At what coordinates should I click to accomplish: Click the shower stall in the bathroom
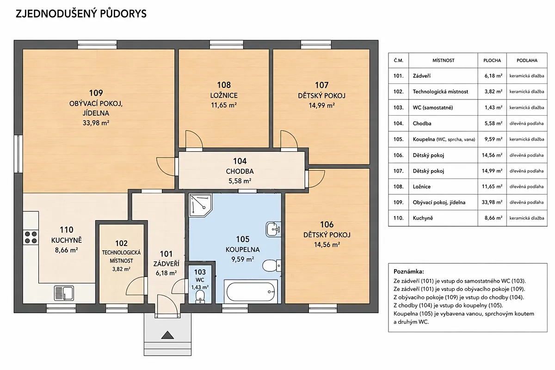click(200, 205)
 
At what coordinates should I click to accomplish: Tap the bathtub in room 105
click(251, 292)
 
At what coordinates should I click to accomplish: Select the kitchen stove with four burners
click(31, 237)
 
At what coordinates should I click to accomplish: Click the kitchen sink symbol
click(64, 293)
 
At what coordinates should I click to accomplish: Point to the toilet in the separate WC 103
click(200, 297)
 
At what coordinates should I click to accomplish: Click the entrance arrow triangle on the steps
click(167, 335)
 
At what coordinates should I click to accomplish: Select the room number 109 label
click(96, 93)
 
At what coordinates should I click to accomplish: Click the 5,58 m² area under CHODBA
click(240, 181)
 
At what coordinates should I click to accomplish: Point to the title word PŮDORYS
click(123, 13)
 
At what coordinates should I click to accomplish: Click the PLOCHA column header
click(492, 61)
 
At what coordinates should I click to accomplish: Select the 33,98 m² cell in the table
click(492, 202)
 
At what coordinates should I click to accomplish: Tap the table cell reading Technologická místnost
click(440, 92)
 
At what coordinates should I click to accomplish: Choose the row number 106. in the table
click(398, 155)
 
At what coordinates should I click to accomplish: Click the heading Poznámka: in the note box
click(408, 271)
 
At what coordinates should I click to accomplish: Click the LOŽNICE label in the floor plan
click(224, 95)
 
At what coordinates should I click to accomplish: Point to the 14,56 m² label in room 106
click(327, 245)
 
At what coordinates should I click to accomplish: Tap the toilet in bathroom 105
click(271, 266)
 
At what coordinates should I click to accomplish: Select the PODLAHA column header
click(527, 61)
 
